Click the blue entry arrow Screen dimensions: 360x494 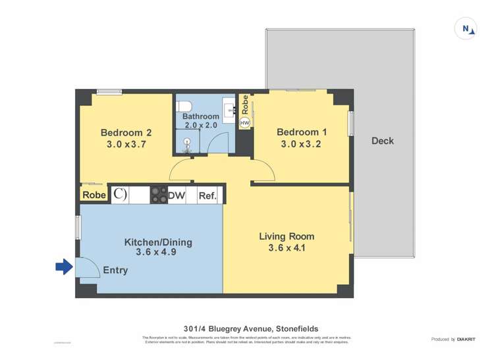(x=63, y=267)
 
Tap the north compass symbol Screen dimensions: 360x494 (x=466, y=28)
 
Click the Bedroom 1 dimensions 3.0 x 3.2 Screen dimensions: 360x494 (x=300, y=144)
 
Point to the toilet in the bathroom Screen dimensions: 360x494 (x=185, y=105)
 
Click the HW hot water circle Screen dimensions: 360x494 (x=245, y=123)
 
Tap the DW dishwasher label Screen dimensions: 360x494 (x=177, y=195)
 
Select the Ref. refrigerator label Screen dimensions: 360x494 (x=207, y=195)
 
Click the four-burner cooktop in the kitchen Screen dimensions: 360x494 (x=159, y=195)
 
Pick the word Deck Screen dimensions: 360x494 (x=383, y=140)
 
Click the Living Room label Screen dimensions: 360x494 (x=287, y=236)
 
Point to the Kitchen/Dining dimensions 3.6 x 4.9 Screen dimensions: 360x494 (x=158, y=251)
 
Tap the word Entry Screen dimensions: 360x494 (x=115, y=270)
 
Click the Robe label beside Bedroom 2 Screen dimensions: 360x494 (x=94, y=195)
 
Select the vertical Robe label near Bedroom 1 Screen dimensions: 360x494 (x=245, y=105)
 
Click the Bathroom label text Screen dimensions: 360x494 (x=200, y=116)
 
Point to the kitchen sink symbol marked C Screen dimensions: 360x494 (x=119, y=195)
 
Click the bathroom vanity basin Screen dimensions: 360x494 (x=229, y=106)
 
